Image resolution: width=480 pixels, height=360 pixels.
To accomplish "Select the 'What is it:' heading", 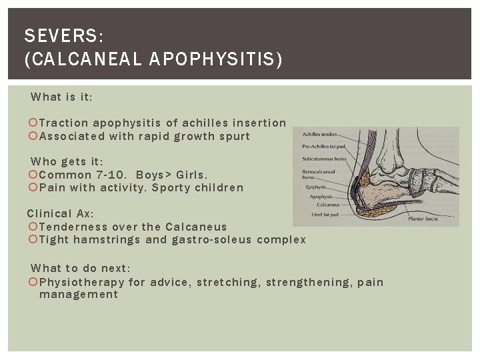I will pos(62,97).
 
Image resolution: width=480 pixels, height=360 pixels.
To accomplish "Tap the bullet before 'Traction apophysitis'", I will pos(34,123).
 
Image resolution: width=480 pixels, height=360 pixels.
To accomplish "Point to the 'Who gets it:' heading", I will pos(67,161).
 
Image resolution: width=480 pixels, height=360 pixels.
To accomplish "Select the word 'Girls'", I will pos(191,175).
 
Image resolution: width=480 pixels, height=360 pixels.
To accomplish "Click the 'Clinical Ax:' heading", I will pos(61,213).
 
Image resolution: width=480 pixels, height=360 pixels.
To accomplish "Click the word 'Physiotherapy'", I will pos(82,282).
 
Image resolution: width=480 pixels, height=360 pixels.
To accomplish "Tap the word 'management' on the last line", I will pos(78,294).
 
